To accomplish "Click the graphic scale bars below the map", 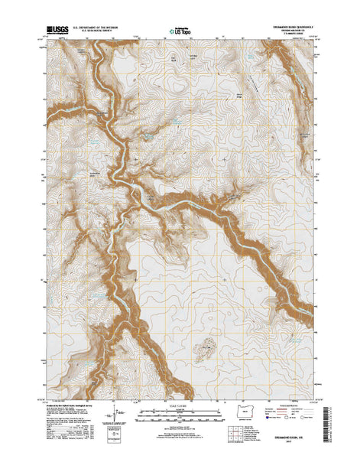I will (179, 415).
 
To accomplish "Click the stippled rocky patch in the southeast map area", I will (205, 330).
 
